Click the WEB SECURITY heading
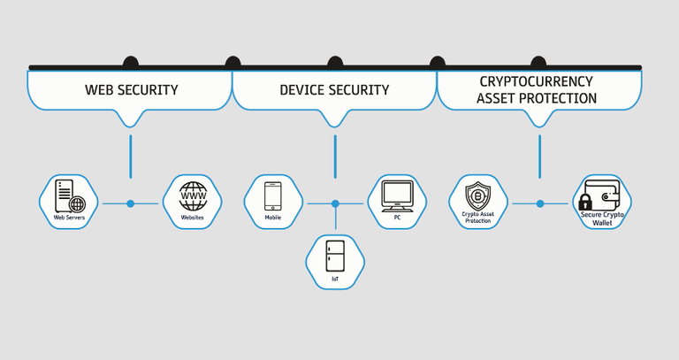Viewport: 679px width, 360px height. coord(131,89)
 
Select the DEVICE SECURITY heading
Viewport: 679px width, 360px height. coord(334,89)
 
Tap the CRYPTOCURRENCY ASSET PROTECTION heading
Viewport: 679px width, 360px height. coord(537,89)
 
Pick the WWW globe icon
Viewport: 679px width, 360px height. coord(192,195)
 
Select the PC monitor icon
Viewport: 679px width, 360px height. coord(397,194)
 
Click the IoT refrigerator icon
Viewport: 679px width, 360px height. coord(335,257)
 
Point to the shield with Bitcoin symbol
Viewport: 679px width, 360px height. coord(477,194)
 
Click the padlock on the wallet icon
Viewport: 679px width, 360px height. coord(584,201)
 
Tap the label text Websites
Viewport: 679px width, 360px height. coord(192,217)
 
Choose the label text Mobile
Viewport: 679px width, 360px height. coord(272,217)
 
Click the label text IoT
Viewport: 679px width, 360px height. coord(335,279)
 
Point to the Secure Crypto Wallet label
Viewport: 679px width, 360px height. coord(602,218)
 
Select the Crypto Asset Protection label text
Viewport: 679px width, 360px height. coord(477,217)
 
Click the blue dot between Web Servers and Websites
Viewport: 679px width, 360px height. coord(130,203)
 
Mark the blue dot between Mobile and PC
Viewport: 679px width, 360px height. coord(335,203)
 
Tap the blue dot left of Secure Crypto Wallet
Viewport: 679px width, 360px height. coord(539,203)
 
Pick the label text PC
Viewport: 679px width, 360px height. coord(397,217)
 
